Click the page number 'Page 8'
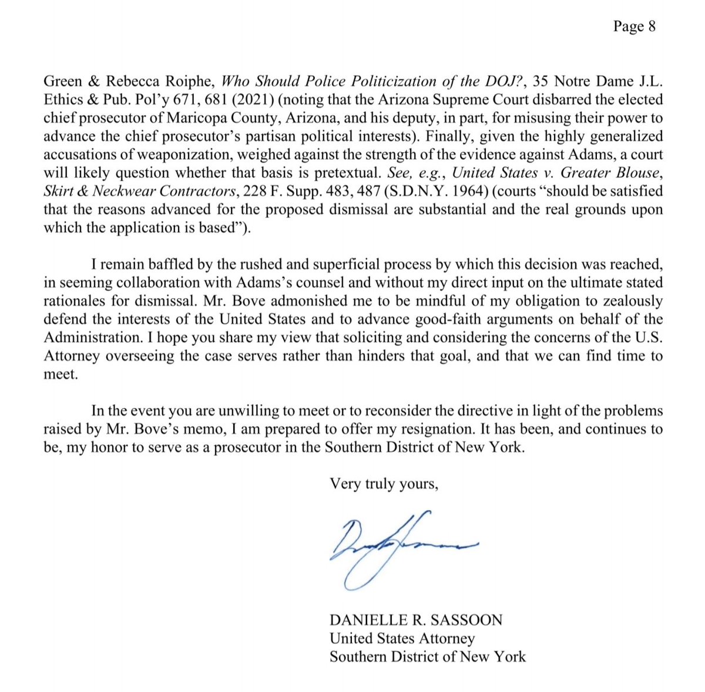click(634, 26)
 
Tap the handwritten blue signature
click(399, 547)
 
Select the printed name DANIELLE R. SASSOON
click(416, 620)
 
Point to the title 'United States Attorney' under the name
click(402, 638)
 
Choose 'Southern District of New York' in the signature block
click(427, 656)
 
